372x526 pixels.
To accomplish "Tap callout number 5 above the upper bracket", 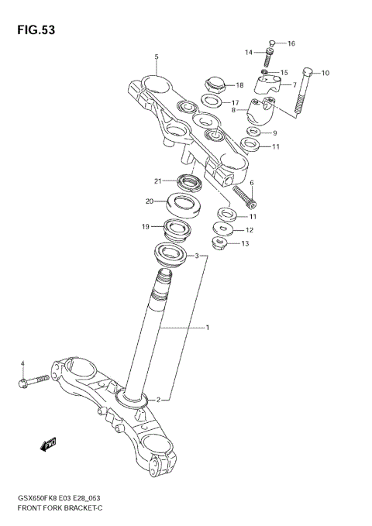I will pyautogui.click(x=157, y=57).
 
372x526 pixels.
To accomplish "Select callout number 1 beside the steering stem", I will pyautogui.click(x=208, y=328).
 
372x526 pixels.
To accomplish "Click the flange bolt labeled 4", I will pyautogui.click(x=33, y=380).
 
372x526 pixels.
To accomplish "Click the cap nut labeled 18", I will pyautogui.click(x=215, y=83).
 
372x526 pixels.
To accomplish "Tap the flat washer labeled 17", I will pyautogui.click(x=208, y=101).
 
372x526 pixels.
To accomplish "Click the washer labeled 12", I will pyautogui.click(x=225, y=229).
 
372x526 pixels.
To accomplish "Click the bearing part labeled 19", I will pyautogui.click(x=178, y=229).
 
